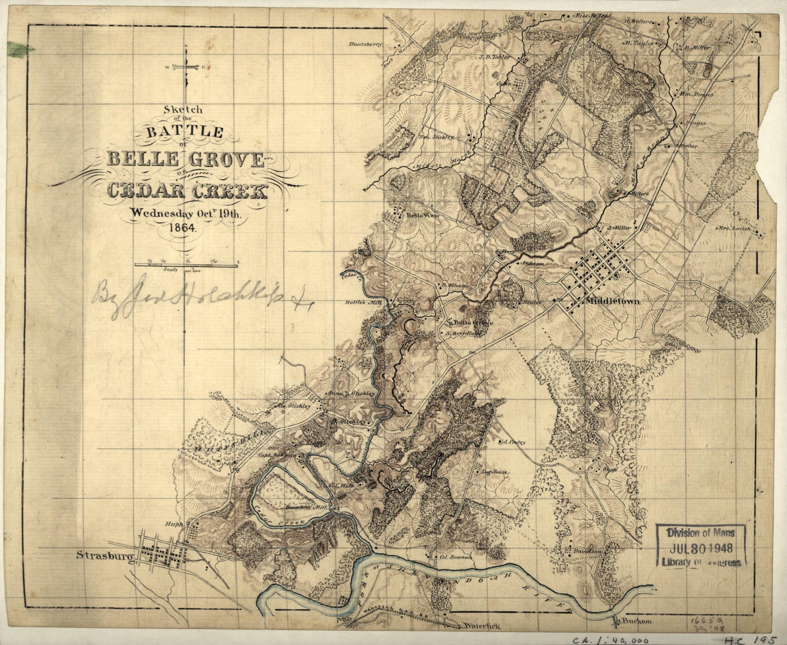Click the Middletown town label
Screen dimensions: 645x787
coord(612,302)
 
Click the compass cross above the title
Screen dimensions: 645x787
coord(185,68)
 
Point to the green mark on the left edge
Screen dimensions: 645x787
coord(20,48)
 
